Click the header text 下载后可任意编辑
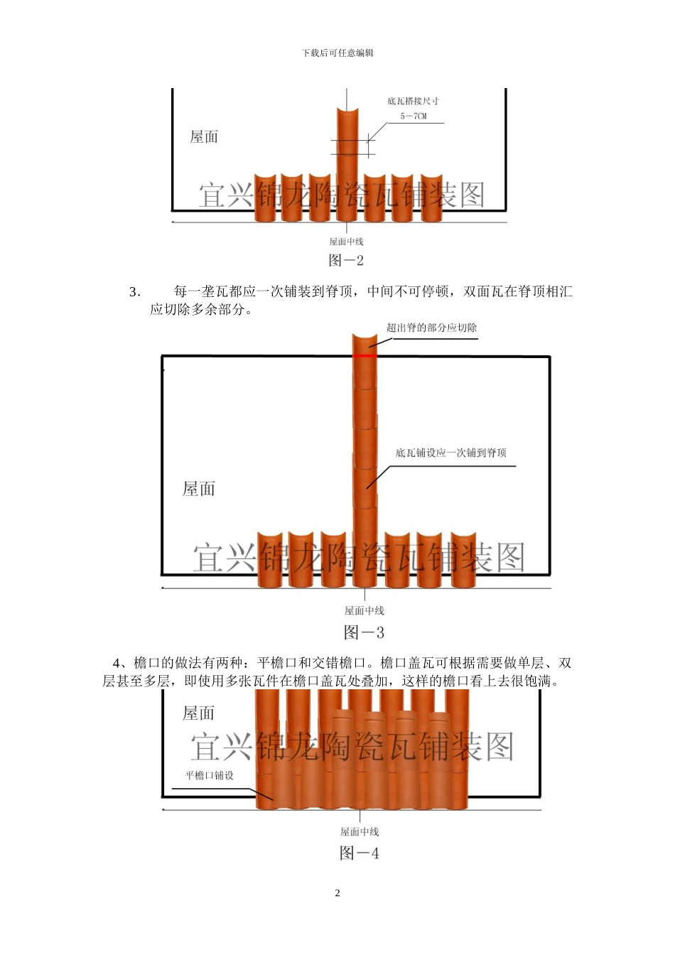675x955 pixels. coord(337,53)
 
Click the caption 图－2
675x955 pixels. coord(346,261)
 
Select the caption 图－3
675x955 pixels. coord(364,632)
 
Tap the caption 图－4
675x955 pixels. coord(359,853)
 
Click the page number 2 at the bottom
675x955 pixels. coord(337,893)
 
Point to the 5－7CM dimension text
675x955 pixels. coord(414,116)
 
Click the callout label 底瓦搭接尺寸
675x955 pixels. coord(413,101)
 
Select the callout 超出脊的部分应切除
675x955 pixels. coord(431,328)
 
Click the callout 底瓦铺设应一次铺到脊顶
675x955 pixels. coord(450,453)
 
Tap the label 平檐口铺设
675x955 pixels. coord(210,775)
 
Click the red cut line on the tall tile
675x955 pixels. coord(364,355)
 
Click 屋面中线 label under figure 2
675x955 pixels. coord(346,242)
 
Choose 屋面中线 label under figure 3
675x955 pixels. coord(364,610)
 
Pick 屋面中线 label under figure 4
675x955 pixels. coord(359,831)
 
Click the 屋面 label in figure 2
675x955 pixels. coord(204,137)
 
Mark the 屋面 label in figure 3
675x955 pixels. coord(199,489)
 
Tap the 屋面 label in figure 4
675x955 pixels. coord(199,713)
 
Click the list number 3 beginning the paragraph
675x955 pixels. coord(134,292)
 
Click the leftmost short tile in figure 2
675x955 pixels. coord(264,197)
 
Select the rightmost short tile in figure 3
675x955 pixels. coord(463,560)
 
